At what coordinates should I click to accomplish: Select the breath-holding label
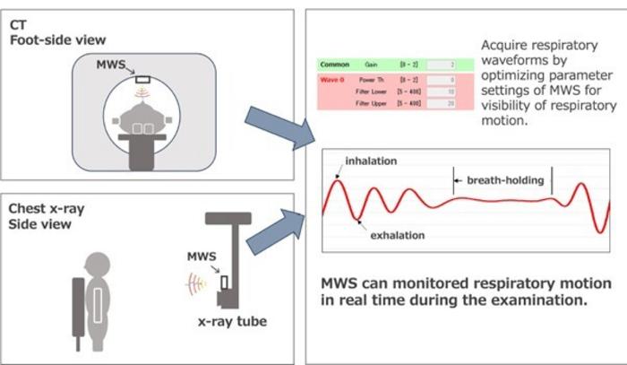[x=502, y=180]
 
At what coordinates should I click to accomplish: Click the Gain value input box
[x=448, y=65]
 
